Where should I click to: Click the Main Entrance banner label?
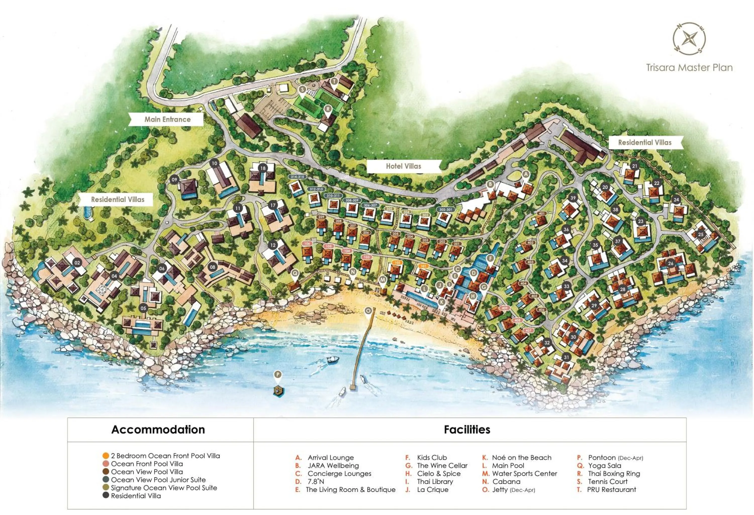point(167,119)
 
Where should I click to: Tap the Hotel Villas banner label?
point(403,166)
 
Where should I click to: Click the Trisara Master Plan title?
point(689,68)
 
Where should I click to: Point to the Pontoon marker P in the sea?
point(277,375)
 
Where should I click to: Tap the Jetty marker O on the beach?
point(368,311)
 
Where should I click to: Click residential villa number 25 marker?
point(700,234)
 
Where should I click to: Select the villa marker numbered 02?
point(77,263)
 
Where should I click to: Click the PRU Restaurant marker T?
point(334,81)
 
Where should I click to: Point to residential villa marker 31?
point(567,357)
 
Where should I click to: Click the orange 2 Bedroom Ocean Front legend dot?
point(106,456)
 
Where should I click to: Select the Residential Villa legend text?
point(136,496)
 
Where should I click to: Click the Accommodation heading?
point(158,429)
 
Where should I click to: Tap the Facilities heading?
point(467,429)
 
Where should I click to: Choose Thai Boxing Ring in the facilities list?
point(614,474)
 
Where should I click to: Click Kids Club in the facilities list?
point(432,457)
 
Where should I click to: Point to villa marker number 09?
point(174,180)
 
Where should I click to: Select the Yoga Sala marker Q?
point(295,273)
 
